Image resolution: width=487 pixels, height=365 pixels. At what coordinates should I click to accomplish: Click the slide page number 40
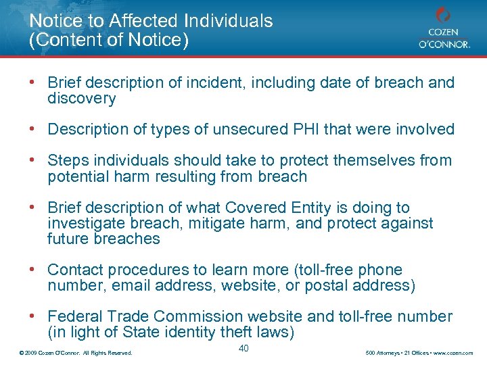pos(243,348)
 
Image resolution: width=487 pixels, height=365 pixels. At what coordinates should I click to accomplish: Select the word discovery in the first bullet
pos(81,99)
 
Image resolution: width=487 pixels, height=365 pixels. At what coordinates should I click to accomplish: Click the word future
pos(66,239)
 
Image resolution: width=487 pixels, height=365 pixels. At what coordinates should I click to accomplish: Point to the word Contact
pos(74,270)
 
